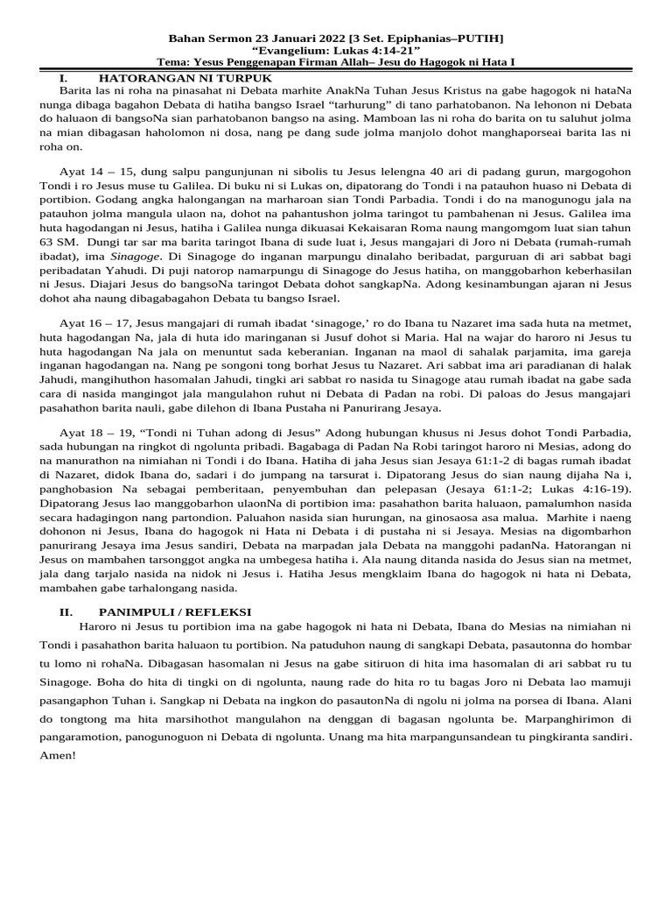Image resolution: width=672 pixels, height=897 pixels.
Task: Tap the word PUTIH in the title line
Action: pos(480,39)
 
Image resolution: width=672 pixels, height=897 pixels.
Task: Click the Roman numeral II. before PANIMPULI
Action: pos(54,611)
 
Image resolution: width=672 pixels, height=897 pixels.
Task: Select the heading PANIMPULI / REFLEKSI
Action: pos(174,611)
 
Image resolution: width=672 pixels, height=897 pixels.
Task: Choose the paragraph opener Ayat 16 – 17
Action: pos(91,323)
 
